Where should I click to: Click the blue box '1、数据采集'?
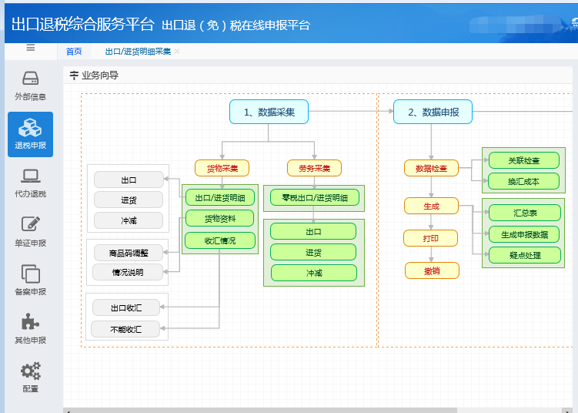click(x=269, y=112)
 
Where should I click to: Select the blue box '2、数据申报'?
click(x=433, y=112)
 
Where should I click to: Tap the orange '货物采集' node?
click(x=222, y=168)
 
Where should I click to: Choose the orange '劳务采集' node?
click(x=315, y=168)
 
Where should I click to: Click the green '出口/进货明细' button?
click(x=220, y=197)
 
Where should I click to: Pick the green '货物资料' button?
click(x=219, y=219)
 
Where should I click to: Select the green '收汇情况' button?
click(x=220, y=240)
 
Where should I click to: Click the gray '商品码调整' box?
click(x=129, y=253)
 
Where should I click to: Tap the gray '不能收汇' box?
click(x=125, y=329)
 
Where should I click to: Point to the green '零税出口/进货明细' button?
click(x=315, y=198)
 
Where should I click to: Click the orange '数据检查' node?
click(x=431, y=168)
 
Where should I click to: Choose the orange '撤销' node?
click(x=432, y=271)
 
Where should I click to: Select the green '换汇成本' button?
click(x=524, y=181)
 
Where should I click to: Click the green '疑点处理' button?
click(x=525, y=255)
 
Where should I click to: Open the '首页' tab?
click(x=74, y=52)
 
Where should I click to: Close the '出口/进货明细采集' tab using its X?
click(x=177, y=52)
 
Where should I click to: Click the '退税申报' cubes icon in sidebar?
click(x=30, y=128)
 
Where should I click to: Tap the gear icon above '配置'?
click(x=30, y=371)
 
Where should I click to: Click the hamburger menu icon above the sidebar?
click(x=31, y=48)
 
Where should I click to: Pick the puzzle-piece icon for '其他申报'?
click(x=30, y=322)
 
